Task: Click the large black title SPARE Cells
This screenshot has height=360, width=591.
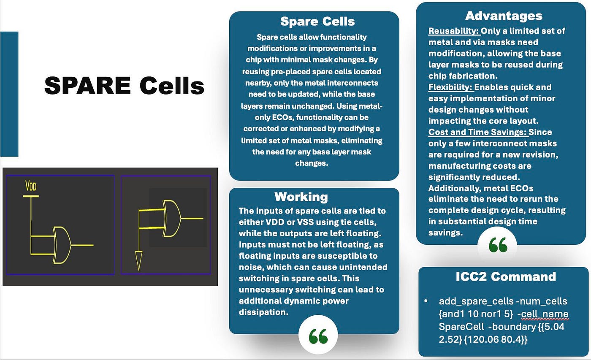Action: tap(124, 85)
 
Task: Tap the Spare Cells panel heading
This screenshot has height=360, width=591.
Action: tap(317, 22)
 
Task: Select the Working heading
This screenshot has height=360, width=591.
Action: tap(301, 197)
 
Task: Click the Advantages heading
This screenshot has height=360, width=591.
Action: tap(504, 16)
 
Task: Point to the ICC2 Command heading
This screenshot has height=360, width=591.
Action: tap(506, 277)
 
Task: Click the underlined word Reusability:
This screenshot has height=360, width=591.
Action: tap(454, 31)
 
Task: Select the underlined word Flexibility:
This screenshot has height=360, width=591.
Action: tap(451, 87)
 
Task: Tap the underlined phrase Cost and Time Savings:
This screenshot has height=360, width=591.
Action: tap(478, 132)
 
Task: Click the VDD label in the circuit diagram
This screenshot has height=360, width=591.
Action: tap(31, 186)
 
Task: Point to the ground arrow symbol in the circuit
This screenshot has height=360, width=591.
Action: tap(138, 260)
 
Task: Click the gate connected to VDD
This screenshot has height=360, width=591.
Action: tap(62, 245)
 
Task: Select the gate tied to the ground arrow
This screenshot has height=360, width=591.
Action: tap(172, 218)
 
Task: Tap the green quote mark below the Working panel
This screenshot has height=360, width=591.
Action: tap(318, 336)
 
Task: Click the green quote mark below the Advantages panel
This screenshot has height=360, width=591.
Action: tap(498, 245)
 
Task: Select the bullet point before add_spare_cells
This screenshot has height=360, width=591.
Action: tap(426, 301)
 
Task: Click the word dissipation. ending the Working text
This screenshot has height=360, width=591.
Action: tap(263, 312)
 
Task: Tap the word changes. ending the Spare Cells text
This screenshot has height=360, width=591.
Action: tap(312, 163)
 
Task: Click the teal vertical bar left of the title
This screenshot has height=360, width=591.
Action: tap(9, 94)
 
